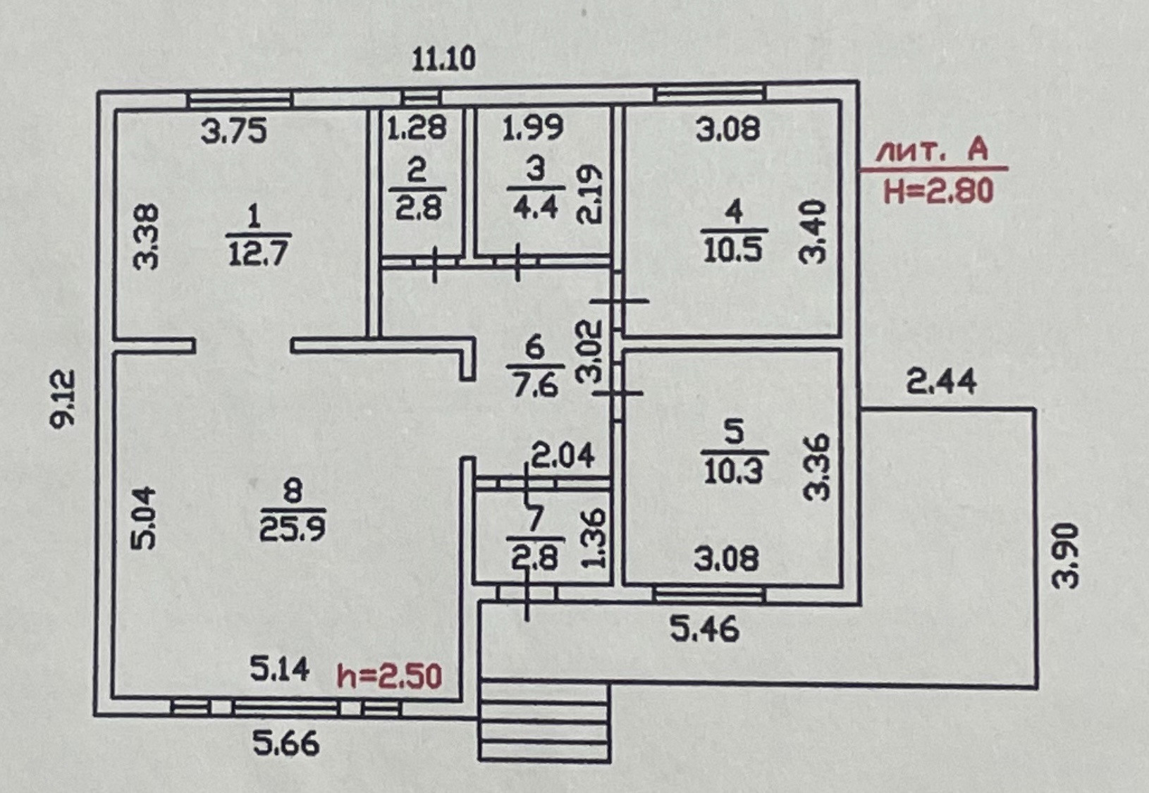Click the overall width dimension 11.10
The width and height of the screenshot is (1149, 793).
pos(444,59)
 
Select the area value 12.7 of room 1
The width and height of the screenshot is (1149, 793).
pos(259,253)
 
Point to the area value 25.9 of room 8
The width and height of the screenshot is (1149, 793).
pos(292,529)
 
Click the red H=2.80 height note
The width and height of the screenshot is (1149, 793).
pos(938,191)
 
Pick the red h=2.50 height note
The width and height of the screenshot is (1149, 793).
pos(389,676)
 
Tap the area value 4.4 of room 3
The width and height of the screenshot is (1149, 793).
pos(536,207)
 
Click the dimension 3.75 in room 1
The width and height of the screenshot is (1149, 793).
pos(234,130)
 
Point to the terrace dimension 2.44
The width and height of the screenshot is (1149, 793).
pos(941,382)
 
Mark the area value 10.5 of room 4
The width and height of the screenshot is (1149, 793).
pos(733,250)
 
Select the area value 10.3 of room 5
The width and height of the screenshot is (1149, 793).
pos(734,472)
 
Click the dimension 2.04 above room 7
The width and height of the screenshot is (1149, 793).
pos(563,455)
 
